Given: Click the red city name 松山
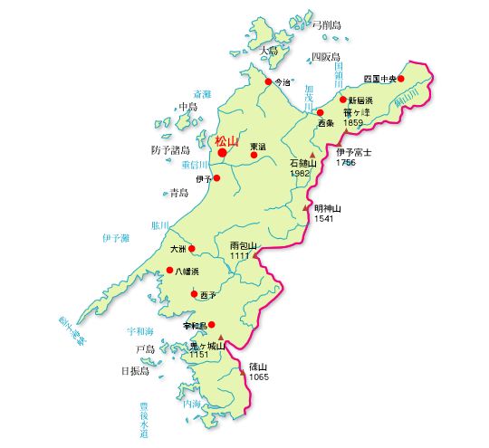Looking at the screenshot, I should coord(226,141).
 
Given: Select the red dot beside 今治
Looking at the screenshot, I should coord(268,82).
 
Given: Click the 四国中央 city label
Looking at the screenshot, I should coord(379,79).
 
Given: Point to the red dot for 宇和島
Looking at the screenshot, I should coord(212,324).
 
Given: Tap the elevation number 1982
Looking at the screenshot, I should coord(301,172).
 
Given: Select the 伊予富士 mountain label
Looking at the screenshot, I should coord(354,153).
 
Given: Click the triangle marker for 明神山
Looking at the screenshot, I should coord(305,208).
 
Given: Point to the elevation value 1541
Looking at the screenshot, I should coord(324,219).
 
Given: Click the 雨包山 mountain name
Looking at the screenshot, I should coord(244,245).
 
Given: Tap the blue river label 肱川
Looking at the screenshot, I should coord(160,225).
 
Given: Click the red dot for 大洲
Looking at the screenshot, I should coord(191,248).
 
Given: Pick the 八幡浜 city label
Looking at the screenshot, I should coord(187,271).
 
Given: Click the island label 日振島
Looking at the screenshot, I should coord(135,371).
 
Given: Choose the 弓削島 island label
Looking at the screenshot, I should coord(327,25).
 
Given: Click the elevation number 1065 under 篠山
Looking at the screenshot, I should coord(259,377).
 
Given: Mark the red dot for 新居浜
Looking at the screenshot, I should coord(343,100).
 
